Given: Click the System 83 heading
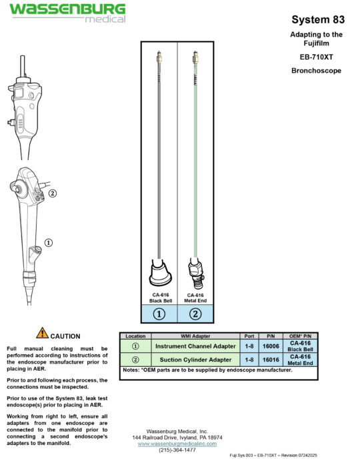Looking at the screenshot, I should tap(317, 19).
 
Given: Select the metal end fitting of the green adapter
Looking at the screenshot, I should tap(195, 272).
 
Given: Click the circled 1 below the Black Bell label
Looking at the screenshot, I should tap(159, 314).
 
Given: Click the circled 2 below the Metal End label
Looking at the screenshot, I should tap(195, 314).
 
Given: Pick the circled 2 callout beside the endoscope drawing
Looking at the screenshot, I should tap(52, 194).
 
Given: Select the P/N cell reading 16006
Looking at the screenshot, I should tap(271, 347).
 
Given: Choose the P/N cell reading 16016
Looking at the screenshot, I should tap(271, 360).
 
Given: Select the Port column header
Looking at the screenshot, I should tap(250, 336).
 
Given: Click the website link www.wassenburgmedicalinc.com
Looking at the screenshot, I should tap(177, 443).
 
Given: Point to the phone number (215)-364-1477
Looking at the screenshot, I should tap(177, 450).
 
